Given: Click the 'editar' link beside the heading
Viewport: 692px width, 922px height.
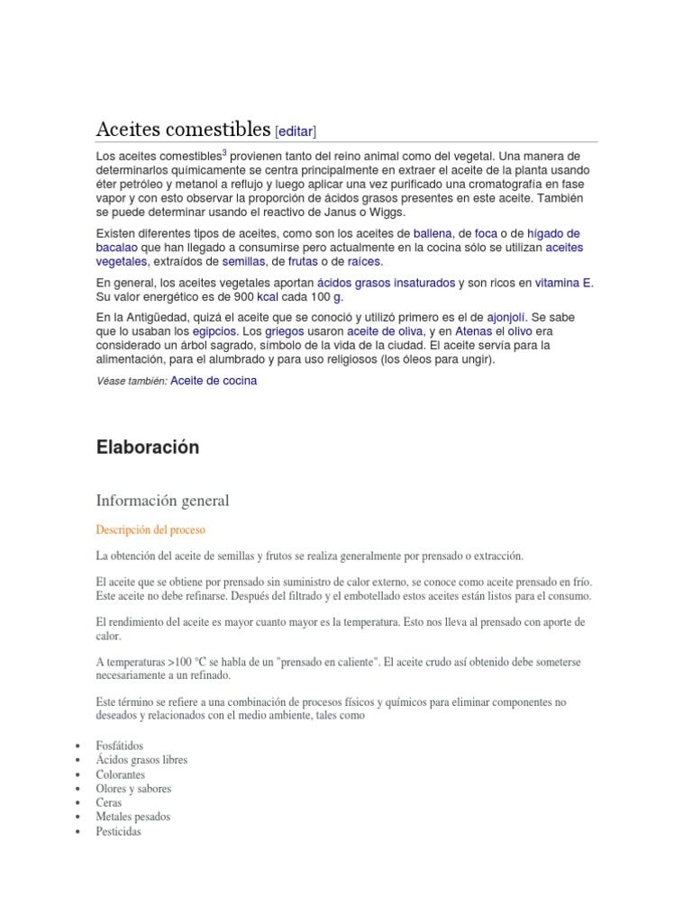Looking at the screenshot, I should coord(296,131).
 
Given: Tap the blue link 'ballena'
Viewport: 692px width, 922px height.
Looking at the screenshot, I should coord(434,233).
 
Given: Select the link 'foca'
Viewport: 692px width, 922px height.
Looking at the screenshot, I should coord(487,233).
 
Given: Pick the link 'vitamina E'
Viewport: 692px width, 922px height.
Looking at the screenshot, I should coord(563,283).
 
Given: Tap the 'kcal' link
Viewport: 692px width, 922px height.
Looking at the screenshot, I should coord(268,297).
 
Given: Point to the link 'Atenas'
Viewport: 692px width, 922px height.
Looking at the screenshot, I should coord(474,332).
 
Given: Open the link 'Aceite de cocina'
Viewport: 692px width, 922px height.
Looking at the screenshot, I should coord(214,381).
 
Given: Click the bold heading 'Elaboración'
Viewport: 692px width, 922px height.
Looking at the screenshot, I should coord(148,447).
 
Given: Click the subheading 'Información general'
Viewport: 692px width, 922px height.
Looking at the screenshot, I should coord(163,500).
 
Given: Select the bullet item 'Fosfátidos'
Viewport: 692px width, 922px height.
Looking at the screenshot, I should coord(121,746).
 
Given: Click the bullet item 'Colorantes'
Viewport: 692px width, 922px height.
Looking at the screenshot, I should coord(121,774).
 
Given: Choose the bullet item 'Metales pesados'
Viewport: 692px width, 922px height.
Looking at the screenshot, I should coord(132,817).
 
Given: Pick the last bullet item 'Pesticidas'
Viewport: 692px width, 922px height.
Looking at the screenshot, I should coord(118,831).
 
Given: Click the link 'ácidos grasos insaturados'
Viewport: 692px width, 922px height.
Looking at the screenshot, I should coord(387,283).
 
